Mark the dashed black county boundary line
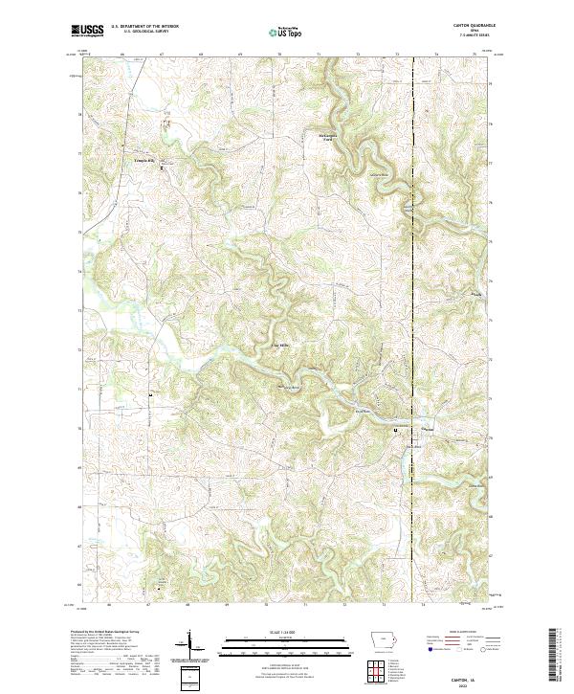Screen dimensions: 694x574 [412, 287]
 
